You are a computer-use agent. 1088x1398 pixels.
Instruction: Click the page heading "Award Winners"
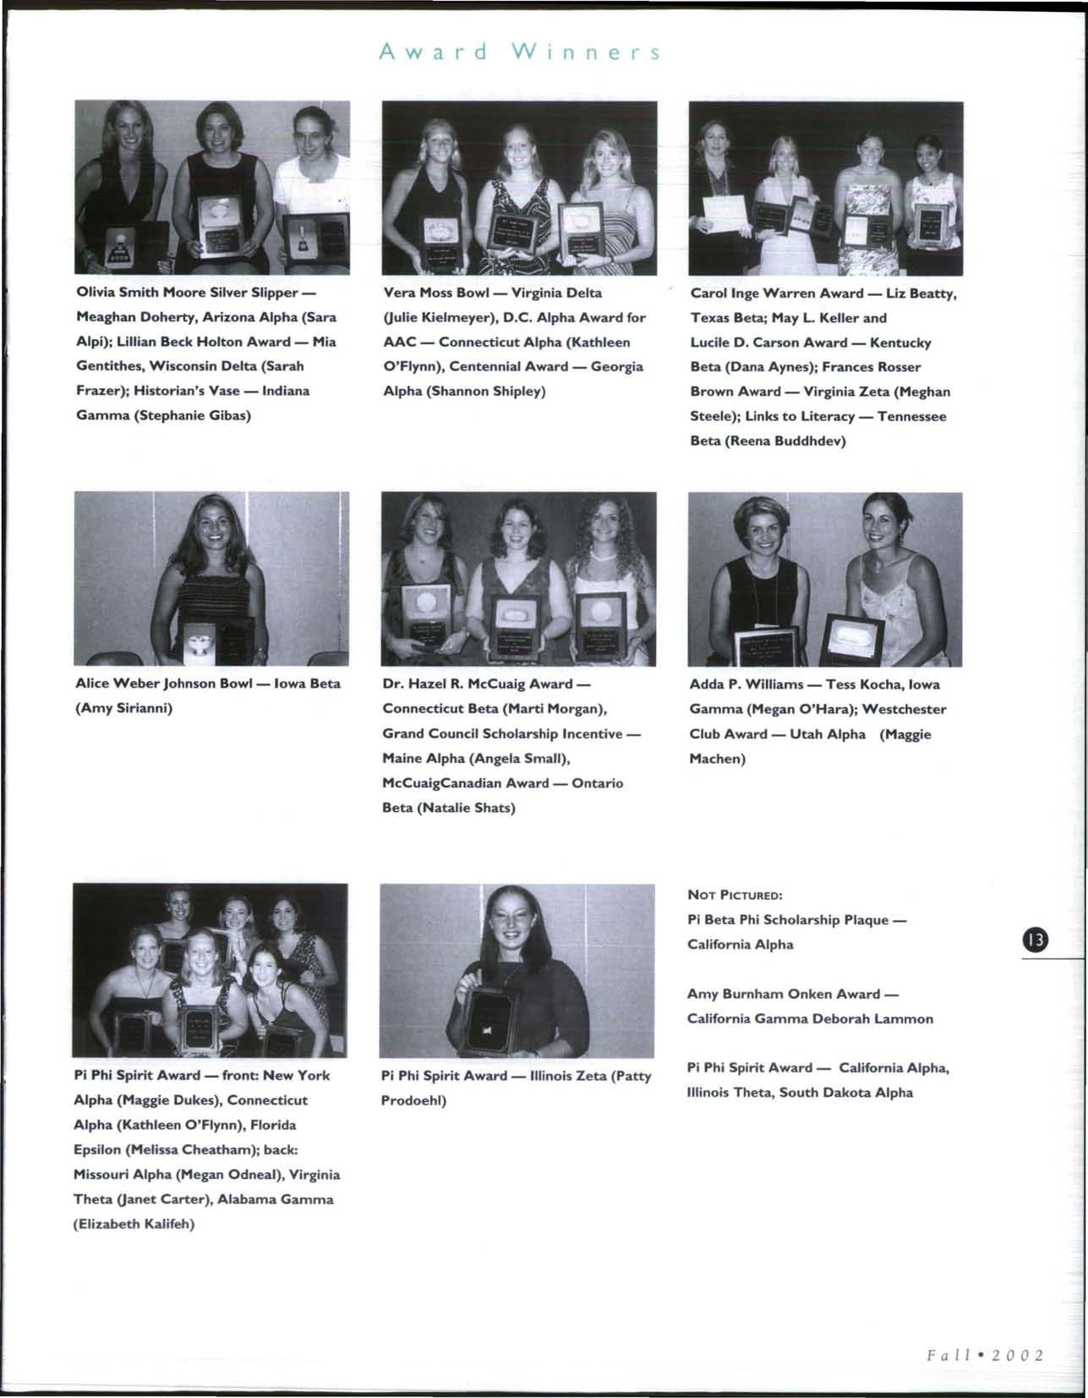(x=519, y=52)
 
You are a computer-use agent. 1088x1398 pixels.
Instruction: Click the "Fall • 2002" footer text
(x=984, y=1354)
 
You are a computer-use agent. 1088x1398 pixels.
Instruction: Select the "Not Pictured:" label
(x=735, y=895)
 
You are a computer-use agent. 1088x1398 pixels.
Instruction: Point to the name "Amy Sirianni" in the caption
(x=124, y=708)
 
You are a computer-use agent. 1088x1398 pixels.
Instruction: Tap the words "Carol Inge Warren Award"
(x=765, y=293)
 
